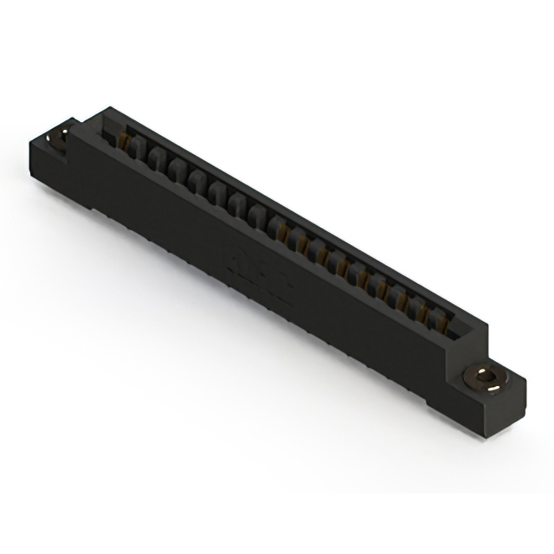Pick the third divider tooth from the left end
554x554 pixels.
[x=177, y=170]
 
